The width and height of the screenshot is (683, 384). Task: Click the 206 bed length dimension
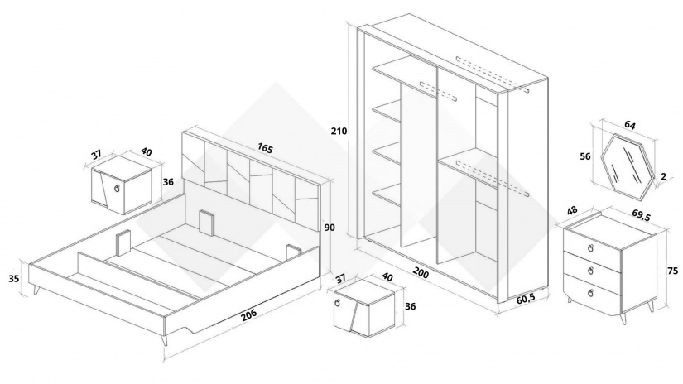pyautogui.click(x=248, y=314)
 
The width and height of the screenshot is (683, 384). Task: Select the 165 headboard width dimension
pyautogui.click(x=264, y=148)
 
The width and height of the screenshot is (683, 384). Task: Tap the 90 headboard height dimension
pyautogui.click(x=329, y=228)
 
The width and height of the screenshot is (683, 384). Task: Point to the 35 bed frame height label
pyautogui.click(x=14, y=278)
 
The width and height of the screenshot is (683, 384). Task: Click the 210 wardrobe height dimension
pyautogui.click(x=339, y=131)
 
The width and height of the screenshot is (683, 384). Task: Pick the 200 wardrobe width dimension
pyautogui.click(x=421, y=273)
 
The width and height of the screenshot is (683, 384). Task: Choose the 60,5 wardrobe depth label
pyautogui.click(x=526, y=299)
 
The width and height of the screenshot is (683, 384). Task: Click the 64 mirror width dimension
pyautogui.click(x=630, y=125)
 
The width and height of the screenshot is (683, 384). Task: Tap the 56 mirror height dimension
pyautogui.click(x=585, y=156)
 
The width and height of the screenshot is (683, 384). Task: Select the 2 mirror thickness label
pyautogui.click(x=663, y=176)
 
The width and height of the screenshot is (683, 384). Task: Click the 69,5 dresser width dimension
pyautogui.click(x=641, y=214)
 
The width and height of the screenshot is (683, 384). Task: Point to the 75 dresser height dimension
pyautogui.click(x=672, y=271)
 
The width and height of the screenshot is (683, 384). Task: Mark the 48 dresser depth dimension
pyautogui.click(x=572, y=210)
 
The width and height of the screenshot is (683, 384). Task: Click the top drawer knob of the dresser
pyautogui.click(x=590, y=248)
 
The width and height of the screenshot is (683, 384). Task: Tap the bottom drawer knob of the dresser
pyautogui.click(x=590, y=292)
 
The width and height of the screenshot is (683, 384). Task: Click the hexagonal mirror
pyautogui.click(x=628, y=167)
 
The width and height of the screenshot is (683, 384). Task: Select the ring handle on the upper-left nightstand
pyautogui.click(x=116, y=188)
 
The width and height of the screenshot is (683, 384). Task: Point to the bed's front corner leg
pyautogui.click(x=165, y=339)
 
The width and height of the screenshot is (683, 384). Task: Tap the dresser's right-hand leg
pyautogui.click(x=652, y=307)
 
